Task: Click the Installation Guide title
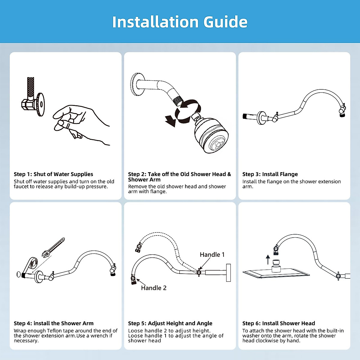tap(180, 22)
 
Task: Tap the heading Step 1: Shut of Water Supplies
tap(53, 174)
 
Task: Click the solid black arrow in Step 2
tap(170, 121)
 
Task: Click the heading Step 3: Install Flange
tap(270, 174)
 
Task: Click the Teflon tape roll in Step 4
tap(31, 264)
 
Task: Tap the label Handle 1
tap(212, 255)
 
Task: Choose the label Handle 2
tap(154, 288)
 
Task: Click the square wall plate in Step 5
tap(228, 273)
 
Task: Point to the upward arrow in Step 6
tap(268, 259)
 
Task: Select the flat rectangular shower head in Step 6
tap(276, 273)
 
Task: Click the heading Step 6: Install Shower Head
tap(279, 323)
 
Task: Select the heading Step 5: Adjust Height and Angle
tap(170, 323)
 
